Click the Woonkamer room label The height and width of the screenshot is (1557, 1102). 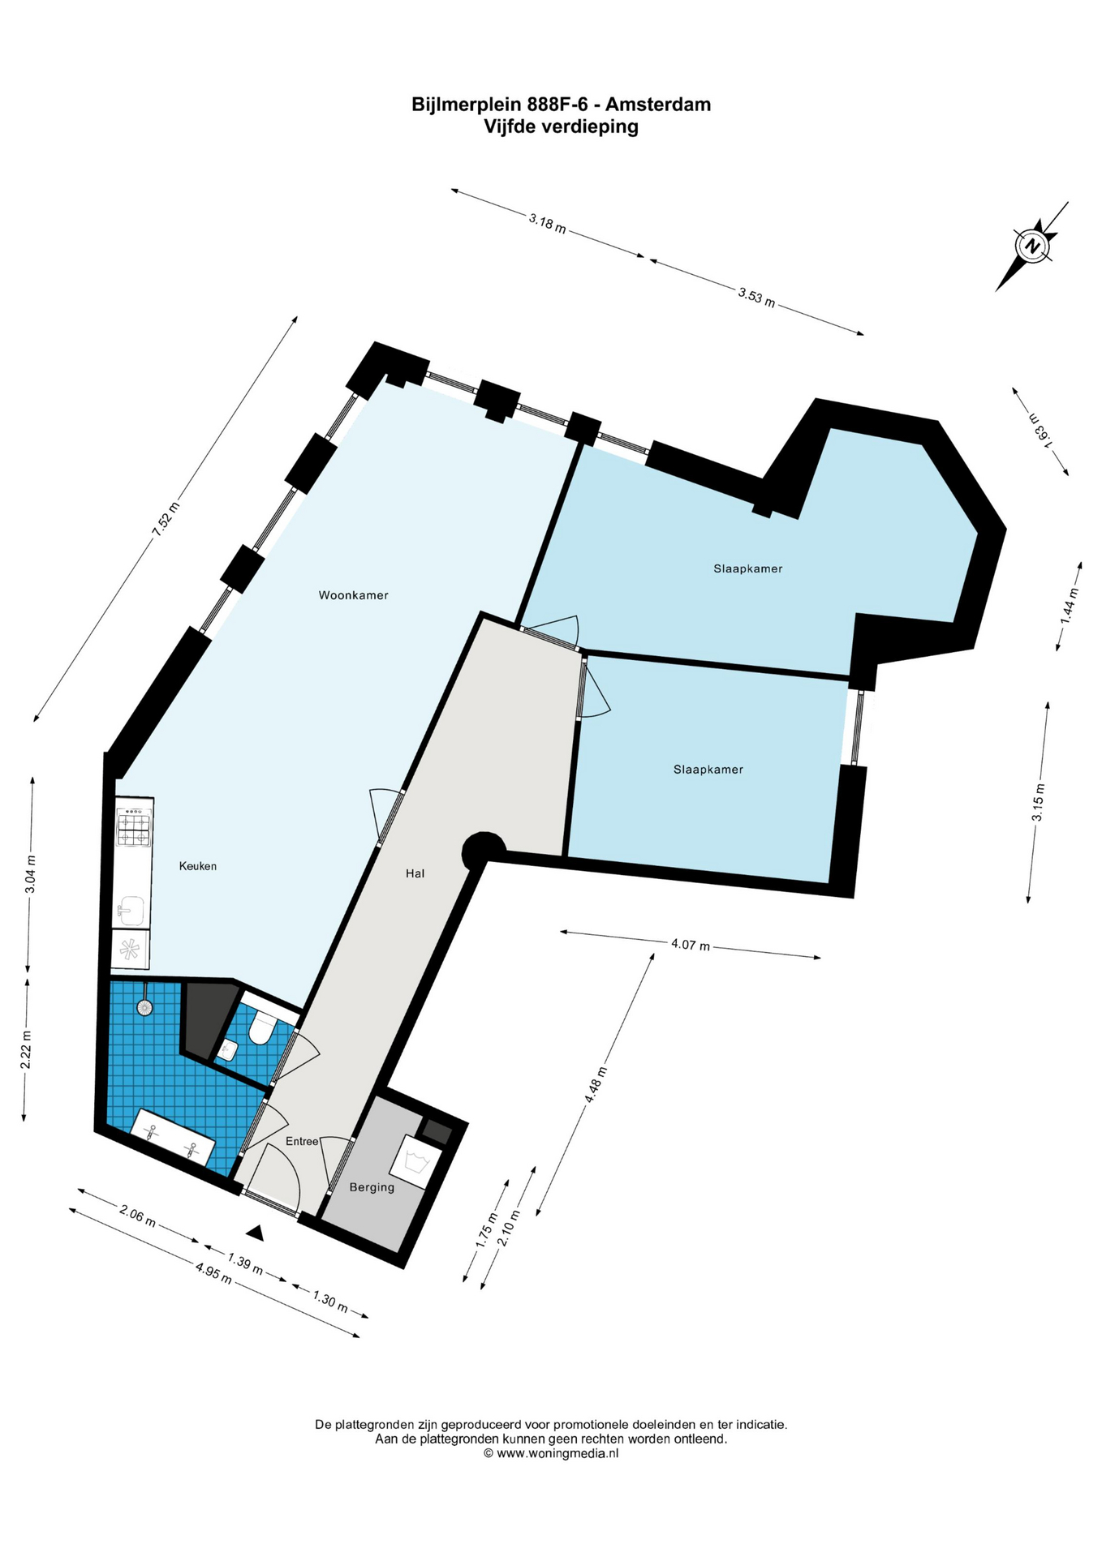pos(353,595)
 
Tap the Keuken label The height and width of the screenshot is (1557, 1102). pos(198,866)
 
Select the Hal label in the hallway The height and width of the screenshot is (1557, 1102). pos(415,873)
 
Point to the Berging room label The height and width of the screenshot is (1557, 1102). pos(372,1187)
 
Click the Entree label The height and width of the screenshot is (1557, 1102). pos(302,1141)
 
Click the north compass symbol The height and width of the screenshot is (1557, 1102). pos(1032,246)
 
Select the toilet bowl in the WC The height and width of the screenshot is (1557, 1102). pos(260,1027)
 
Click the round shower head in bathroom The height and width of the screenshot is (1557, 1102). pos(144,1008)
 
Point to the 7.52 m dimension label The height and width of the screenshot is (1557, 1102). pos(166,520)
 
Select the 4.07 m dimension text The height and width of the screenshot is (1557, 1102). pos(691,945)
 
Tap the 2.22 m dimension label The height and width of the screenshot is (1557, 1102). pos(26,1050)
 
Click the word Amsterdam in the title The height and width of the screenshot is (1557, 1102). pos(658,105)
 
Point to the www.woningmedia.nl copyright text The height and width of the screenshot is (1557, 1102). pos(551,1454)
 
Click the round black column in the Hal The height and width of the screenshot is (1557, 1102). pos(483,851)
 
